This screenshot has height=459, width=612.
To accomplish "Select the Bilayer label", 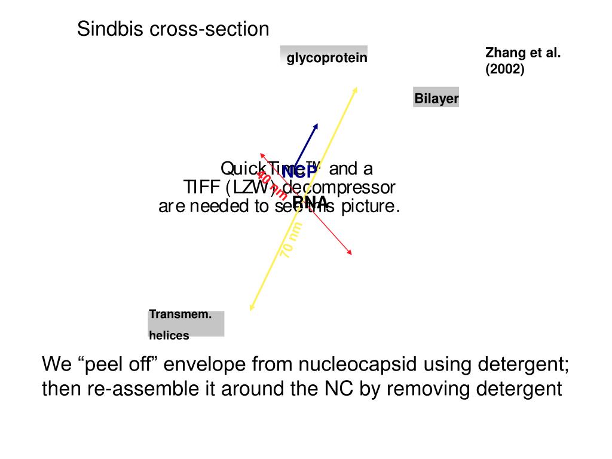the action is point(436,99).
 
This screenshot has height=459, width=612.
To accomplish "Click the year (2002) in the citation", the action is point(504,69).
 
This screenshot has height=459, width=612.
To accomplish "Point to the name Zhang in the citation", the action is point(503,53).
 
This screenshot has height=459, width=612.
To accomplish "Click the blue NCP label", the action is point(299,172).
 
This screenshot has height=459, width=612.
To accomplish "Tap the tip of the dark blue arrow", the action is point(317,124).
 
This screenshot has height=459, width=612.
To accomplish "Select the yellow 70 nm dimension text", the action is point(292,240).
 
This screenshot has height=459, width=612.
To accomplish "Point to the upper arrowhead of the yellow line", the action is point(356,88).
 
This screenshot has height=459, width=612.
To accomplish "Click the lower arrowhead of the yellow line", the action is point(251,308).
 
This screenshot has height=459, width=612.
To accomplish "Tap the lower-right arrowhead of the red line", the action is point(350,253).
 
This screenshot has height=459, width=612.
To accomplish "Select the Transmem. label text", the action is point(180,314).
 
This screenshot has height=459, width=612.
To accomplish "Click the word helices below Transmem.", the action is point(169,335).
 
